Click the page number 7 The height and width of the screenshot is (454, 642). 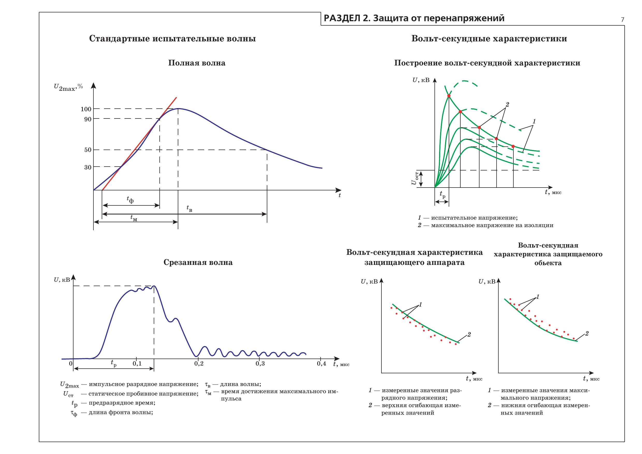tap(622, 20)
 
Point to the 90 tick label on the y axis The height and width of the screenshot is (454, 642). tap(88, 119)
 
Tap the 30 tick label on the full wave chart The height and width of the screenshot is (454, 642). tap(88, 167)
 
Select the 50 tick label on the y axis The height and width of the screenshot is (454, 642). tap(88, 150)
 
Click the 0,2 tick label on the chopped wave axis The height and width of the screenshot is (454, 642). tap(198, 364)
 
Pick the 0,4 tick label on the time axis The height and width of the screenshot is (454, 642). tap(322, 364)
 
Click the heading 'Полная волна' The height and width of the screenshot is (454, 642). tap(197, 63)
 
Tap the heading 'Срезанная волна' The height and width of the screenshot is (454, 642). tap(198, 263)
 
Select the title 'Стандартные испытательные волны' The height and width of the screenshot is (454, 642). tap(173, 39)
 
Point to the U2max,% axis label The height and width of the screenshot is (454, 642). tap(69, 87)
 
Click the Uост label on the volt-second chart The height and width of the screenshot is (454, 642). tap(414, 178)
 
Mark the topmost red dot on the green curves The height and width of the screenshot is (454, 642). tap(449, 96)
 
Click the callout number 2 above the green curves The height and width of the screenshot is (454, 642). tap(507, 105)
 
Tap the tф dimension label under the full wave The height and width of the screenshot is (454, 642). tap(130, 200)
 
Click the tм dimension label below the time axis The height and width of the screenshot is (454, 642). tap(134, 218)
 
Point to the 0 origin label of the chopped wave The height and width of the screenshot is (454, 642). tap(71, 364)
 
